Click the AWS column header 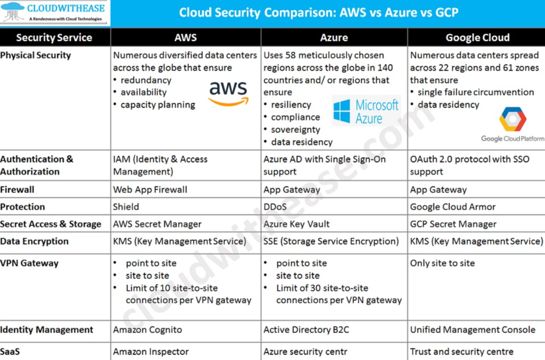185,37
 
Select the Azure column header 334,37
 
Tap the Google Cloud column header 477,37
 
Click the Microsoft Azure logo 366,111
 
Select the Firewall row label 17,190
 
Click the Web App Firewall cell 150,190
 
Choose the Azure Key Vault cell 296,224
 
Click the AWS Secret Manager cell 157,224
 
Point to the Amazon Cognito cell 147,330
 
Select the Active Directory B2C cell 306,330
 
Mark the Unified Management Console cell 473,330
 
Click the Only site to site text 442,263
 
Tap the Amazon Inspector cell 151,351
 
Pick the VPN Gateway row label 29,263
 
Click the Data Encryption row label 34,241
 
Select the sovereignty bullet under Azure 295,130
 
